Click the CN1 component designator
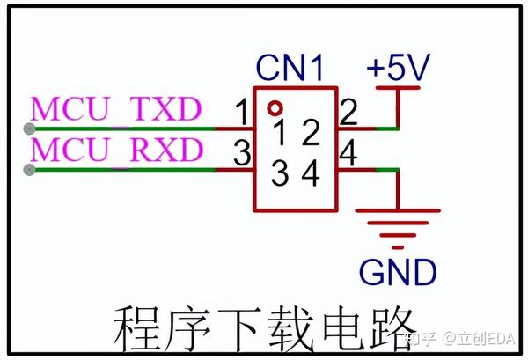pos(290,67)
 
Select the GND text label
pos(397,271)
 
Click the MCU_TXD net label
pos(117,110)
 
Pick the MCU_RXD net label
pos(117,151)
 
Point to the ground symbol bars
pos(397,224)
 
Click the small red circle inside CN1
pos(275,108)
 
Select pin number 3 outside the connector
pos(238,155)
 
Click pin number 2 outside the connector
pos(348,113)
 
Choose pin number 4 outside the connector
pos(348,154)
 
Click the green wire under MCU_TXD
pos(123,129)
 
